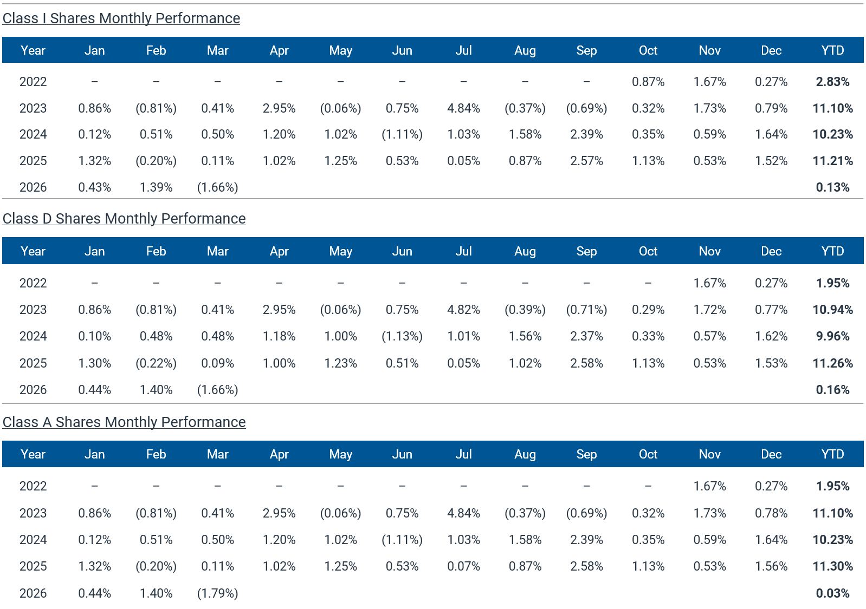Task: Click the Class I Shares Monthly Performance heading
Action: click(121, 18)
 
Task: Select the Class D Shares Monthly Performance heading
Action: click(124, 219)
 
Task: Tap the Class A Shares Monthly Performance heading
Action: click(124, 422)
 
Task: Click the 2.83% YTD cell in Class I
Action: click(832, 82)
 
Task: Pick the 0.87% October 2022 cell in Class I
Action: click(648, 82)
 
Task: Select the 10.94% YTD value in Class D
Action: click(832, 310)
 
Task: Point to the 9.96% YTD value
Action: click(832, 336)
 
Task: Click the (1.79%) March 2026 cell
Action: click(217, 593)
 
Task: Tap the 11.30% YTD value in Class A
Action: click(832, 566)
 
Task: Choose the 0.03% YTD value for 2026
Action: click(832, 593)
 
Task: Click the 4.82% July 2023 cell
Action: click(463, 310)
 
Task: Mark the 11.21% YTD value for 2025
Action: click(832, 161)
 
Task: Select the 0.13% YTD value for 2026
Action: click(832, 187)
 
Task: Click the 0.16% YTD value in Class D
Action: click(832, 390)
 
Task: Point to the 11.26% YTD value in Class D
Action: click(832, 363)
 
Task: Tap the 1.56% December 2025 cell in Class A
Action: click(771, 566)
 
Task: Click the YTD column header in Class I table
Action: click(832, 50)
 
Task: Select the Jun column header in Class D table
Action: click(402, 251)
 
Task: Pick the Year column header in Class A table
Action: click(33, 454)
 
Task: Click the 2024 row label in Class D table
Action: click(33, 336)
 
